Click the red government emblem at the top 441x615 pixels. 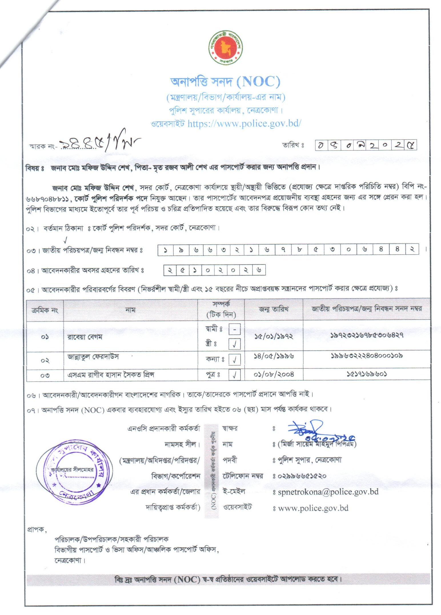[225, 47]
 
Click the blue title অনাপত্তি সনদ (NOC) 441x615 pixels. [225, 82]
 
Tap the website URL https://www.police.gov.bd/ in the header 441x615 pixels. [244, 124]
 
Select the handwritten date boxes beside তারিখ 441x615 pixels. [366, 146]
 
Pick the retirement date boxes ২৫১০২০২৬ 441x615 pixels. [215, 270]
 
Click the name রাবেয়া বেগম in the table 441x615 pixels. [85, 337]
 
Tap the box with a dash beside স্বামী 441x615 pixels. [234, 330]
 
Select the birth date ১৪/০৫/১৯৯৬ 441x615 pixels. [274, 356]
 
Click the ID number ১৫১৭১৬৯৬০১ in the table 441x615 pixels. [367, 374]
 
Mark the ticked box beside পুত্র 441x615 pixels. [234, 375]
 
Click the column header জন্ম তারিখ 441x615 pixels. [273, 309]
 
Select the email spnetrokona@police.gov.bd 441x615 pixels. [328, 492]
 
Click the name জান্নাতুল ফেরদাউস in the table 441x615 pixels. [93, 356]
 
